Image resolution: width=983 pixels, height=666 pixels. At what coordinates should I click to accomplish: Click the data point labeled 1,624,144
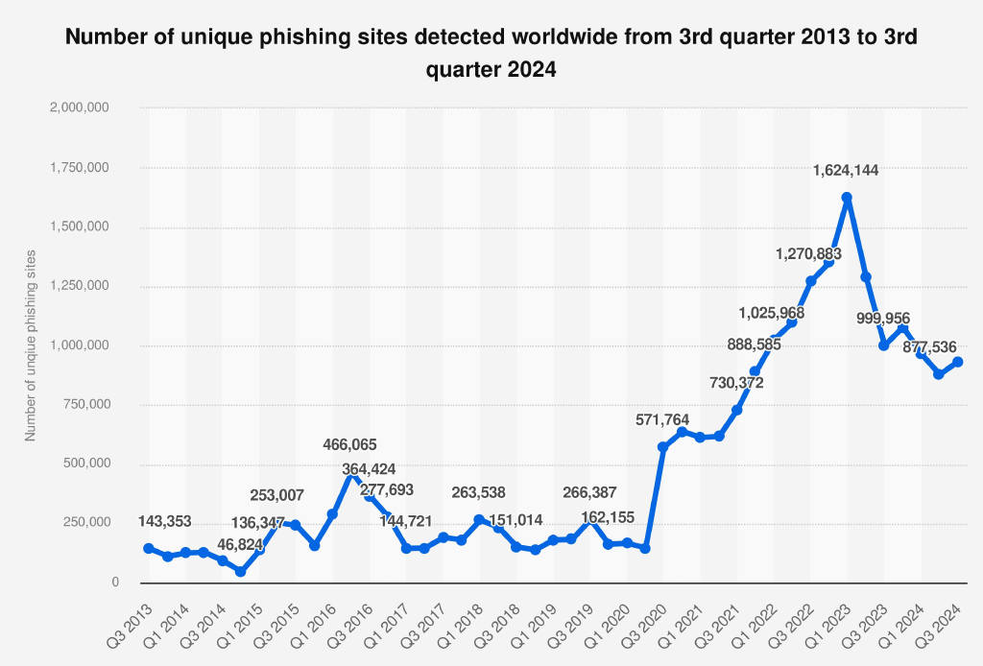[x=847, y=198]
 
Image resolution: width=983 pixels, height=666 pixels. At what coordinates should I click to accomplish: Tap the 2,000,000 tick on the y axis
[x=80, y=107]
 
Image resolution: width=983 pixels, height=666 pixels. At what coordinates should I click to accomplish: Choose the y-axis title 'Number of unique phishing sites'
[x=31, y=345]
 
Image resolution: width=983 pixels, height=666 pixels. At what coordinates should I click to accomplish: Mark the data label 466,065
[x=350, y=444]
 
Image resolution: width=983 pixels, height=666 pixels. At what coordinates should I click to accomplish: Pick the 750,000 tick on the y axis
[x=86, y=405]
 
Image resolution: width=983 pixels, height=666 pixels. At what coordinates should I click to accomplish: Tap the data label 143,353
[x=164, y=521]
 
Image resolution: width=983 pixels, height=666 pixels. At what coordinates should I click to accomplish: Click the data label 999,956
[x=882, y=319]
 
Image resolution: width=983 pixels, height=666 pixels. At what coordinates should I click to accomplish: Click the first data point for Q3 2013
[x=149, y=548]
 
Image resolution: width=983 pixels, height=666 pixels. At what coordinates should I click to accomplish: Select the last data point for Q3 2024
[x=957, y=362]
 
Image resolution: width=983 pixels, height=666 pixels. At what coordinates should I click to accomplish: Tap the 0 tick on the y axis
[x=114, y=583]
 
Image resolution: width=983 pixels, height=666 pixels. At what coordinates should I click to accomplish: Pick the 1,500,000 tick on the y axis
[x=80, y=227]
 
